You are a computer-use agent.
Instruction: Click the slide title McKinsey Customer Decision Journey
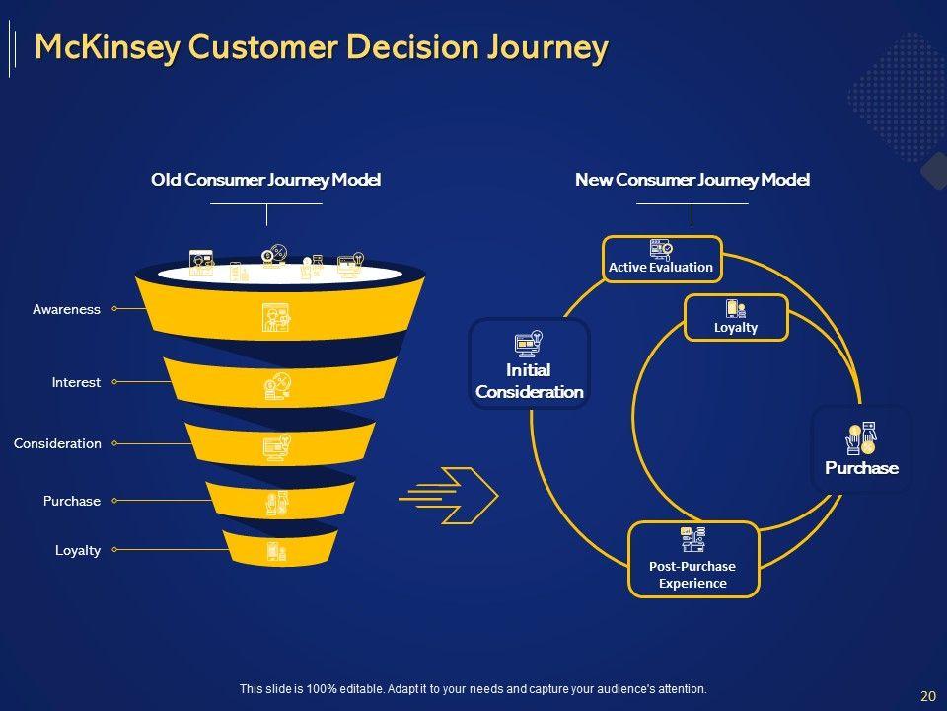point(322,47)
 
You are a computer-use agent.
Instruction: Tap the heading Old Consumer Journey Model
point(265,180)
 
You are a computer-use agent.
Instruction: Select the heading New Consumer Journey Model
point(692,180)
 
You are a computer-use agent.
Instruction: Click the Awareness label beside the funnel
point(66,309)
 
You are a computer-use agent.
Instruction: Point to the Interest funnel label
point(76,382)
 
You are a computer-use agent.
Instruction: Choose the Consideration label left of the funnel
point(57,443)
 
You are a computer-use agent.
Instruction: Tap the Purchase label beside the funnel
point(72,501)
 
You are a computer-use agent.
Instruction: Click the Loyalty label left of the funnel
point(78,550)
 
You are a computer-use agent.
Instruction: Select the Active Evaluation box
point(662,259)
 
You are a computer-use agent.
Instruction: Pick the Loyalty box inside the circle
point(736,317)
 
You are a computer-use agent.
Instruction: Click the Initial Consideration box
point(529,363)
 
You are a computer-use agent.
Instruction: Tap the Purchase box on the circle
point(861,449)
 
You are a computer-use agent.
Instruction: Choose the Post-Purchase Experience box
point(692,559)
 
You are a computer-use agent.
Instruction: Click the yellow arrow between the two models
point(449,496)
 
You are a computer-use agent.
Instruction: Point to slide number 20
point(928,696)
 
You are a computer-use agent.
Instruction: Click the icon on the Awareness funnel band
point(275,317)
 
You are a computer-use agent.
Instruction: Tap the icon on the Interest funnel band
point(277,386)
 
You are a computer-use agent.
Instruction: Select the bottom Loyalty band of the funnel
point(279,548)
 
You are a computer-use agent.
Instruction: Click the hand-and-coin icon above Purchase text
point(861,437)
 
